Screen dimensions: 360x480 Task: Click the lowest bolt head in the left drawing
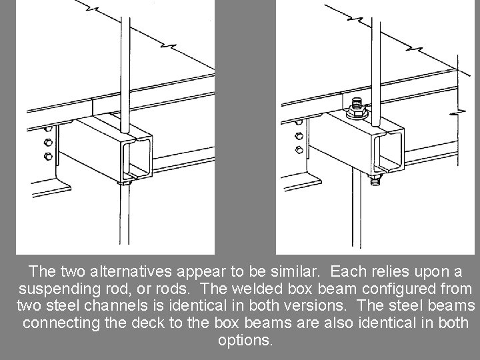pos(47,157)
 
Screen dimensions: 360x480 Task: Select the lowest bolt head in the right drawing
pos(299,150)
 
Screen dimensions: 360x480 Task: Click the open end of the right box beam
pos(389,149)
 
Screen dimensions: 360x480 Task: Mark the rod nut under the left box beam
pos(124,181)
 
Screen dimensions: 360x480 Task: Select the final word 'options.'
pos(245,339)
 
